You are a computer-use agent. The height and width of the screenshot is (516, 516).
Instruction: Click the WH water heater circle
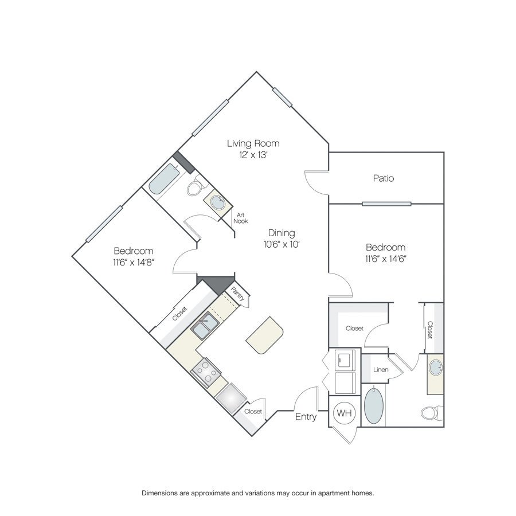[345, 413]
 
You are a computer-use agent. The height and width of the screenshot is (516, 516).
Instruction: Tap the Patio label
[384, 178]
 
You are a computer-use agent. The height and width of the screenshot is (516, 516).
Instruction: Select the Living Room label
[253, 143]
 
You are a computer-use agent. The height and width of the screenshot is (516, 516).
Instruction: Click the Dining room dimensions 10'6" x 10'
[282, 244]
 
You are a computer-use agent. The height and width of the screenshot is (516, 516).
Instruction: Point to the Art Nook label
[241, 218]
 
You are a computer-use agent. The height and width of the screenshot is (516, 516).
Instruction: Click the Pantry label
[237, 294]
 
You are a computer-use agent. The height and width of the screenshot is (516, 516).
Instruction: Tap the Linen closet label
[381, 370]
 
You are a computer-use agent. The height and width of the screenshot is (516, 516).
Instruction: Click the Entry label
[306, 417]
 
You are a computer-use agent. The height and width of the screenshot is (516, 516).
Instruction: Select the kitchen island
[264, 335]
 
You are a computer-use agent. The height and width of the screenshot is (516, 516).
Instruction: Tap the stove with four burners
[206, 372]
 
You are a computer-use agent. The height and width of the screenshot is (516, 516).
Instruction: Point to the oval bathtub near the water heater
[373, 406]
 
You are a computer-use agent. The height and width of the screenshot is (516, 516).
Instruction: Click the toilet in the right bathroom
[432, 412]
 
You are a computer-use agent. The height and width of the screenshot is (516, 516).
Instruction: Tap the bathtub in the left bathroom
[164, 179]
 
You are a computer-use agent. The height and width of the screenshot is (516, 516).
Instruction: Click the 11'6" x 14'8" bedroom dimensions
[134, 262]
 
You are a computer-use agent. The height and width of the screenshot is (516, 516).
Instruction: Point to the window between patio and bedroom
[386, 204]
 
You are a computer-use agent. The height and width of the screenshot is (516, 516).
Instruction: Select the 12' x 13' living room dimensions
[253, 155]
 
